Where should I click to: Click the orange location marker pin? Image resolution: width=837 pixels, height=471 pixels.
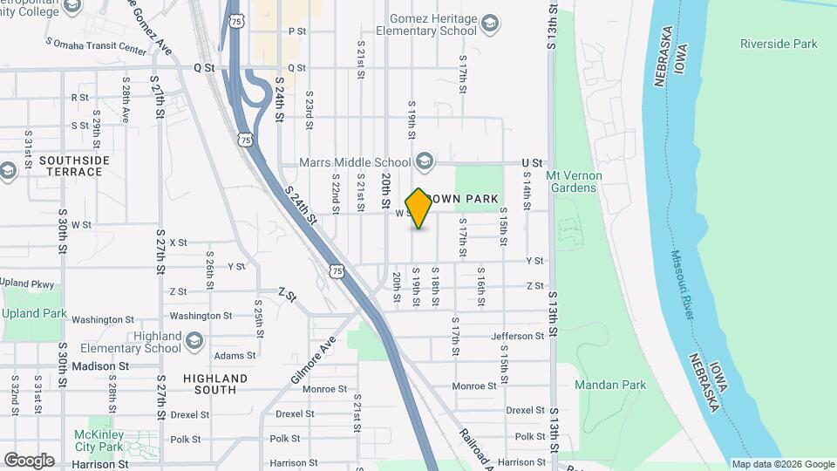click(x=419, y=208)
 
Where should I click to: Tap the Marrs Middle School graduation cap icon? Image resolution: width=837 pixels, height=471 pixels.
click(x=425, y=161)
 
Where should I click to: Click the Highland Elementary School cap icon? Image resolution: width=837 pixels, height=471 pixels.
click(x=194, y=341)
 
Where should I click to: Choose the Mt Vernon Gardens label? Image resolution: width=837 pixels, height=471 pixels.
click(x=572, y=181)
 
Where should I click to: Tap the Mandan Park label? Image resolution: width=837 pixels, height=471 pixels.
click(x=610, y=385)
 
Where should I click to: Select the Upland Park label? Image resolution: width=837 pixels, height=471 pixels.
click(x=34, y=313)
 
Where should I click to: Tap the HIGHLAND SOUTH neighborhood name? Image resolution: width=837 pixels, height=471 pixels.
click(x=215, y=384)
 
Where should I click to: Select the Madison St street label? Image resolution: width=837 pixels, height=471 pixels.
click(x=100, y=366)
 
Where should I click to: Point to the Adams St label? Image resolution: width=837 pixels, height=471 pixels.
click(x=235, y=356)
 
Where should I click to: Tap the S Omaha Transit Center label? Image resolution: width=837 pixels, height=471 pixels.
click(x=96, y=50)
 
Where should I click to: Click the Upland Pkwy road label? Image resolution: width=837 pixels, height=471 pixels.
click(x=26, y=283)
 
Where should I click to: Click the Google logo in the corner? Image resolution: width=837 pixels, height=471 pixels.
click(x=29, y=461)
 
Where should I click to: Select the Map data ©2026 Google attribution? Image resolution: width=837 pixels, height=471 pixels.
click(x=782, y=464)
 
